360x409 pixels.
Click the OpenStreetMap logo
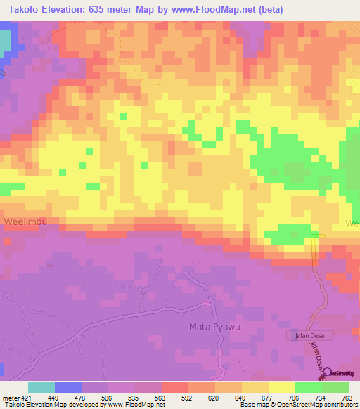click(340, 374)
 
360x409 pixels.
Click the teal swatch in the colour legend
click(41, 387)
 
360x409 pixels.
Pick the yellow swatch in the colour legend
click(281, 387)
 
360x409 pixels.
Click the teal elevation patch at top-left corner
click(6, 44)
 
